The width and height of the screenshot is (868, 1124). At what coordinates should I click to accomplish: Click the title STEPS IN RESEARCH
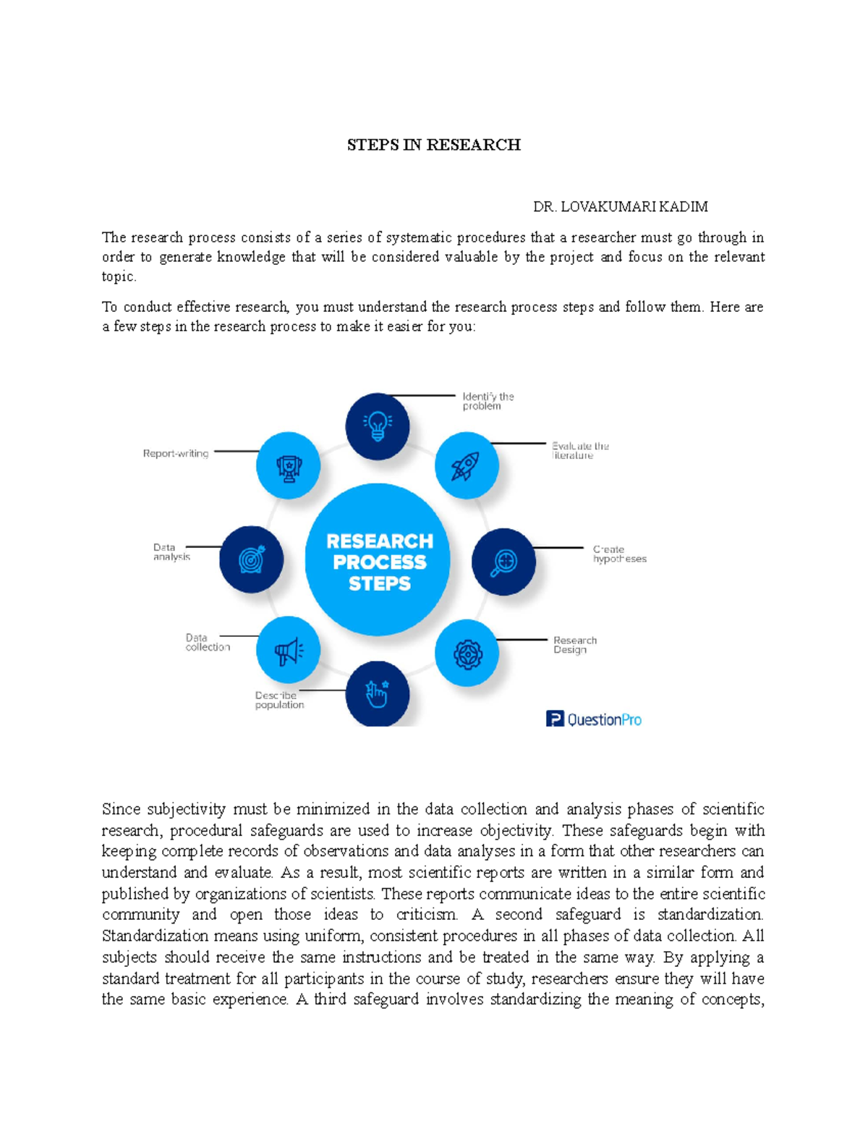tap(433, 145)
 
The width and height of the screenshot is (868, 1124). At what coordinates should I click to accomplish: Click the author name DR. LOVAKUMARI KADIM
tap(620, 207)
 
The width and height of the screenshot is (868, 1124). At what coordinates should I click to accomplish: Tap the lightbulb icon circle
tap(378, 426)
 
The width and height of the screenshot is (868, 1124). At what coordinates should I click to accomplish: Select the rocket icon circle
tap(467, 465)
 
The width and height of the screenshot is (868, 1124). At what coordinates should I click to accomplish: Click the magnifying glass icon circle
tap(503, 562)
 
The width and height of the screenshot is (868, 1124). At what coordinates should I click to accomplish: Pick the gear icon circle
tap(467, 654)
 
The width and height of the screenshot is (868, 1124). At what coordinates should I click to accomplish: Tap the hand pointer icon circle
tap(378, 693)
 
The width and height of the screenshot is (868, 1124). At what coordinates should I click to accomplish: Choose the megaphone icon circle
tap(288, 650)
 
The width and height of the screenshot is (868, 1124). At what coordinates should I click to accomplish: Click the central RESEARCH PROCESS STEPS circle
tap(378, 562)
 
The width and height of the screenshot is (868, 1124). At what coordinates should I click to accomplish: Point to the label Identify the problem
tap(488, 402)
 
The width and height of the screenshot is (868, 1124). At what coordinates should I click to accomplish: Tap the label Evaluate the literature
tap(580, 451)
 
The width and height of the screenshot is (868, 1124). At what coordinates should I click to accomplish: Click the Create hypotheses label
tap(619, 554)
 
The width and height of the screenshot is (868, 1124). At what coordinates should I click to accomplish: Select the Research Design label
tap(575, 645)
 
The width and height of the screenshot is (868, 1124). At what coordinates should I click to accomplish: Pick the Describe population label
tap(279, 700)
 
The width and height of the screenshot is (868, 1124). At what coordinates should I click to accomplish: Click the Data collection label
tap(208, 643)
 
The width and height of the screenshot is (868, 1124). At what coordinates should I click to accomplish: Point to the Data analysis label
tap(171, 552)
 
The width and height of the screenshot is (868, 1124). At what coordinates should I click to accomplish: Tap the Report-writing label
tap(176, 454)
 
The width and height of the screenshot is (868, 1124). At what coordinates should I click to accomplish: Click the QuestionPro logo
tap(594, 719)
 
